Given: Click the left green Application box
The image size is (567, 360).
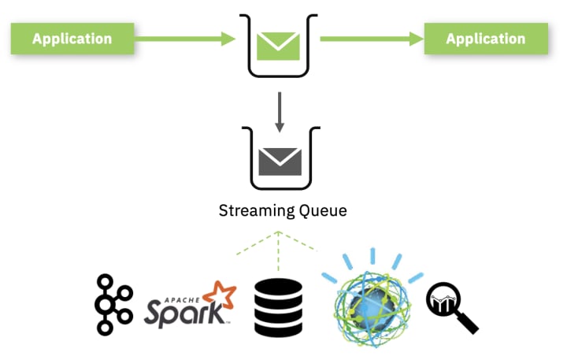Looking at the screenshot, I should (x=72, y=38).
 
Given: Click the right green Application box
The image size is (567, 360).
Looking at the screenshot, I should (x=486, y=38).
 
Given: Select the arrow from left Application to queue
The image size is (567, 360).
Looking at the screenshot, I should (x=186, y=38).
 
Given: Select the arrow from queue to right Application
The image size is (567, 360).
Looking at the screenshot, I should (x=370, y=38).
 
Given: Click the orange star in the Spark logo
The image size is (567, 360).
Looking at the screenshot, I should (x=220, y=295).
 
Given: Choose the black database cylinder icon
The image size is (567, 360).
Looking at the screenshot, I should (x=278, y=307).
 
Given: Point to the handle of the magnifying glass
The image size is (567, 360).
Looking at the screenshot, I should (x=468, y=323).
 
